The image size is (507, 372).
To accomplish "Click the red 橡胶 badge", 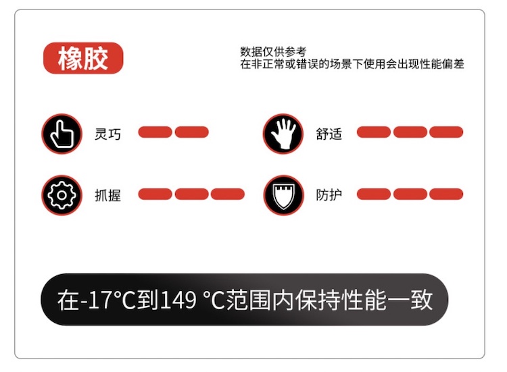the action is point(83,58).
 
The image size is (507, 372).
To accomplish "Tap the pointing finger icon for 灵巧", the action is point(62,134).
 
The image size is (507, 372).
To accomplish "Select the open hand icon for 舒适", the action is point(283,134).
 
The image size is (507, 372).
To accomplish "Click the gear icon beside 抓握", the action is point(62,195).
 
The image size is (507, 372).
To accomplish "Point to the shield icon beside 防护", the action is point(283,195).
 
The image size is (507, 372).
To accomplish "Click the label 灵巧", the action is point(107,134).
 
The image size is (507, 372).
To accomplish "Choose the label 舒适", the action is point(329,134).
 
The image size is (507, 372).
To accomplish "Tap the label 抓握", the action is point(107,195).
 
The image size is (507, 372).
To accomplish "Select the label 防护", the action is point(329,194).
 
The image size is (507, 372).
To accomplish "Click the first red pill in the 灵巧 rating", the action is point(155,132).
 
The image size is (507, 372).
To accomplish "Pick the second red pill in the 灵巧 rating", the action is point(192,132).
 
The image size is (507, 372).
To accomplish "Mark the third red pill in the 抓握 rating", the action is point(228,194).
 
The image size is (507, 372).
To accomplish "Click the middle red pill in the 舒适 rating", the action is point(410,132).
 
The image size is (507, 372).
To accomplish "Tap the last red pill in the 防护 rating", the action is point(446,194).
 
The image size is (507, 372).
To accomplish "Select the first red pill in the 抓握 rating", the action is point(155,194).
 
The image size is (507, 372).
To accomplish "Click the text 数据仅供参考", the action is point(273,52).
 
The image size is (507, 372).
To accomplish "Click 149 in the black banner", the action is point(178,300).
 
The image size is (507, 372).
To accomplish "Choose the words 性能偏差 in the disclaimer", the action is point(442,64).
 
